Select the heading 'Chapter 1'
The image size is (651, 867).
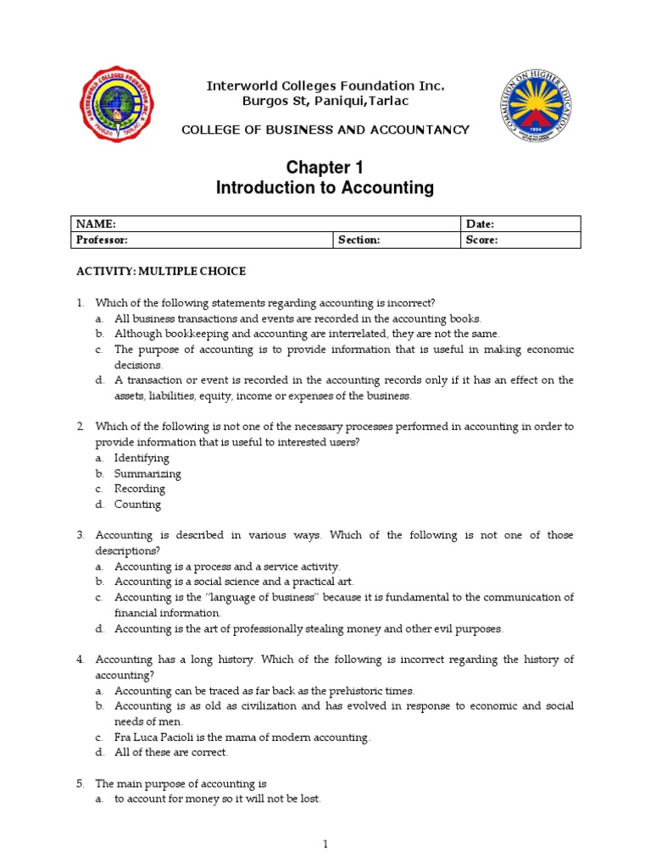tap(325, 168)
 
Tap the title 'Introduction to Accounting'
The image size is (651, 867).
tap(325, 188)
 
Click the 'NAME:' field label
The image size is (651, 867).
tap(96, 224)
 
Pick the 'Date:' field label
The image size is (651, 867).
tap(480, 224)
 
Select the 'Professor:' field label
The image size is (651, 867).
tap(102, 240)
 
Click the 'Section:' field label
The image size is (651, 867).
tap(359, 240)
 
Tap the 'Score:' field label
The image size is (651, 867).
tap(481, 240)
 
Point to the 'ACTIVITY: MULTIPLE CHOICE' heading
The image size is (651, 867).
tap(161, 271)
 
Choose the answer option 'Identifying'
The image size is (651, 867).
tap(142, 458)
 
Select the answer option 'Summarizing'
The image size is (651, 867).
tap(147, 473)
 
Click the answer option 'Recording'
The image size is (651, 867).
tap(140, 489)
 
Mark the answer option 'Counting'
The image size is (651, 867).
tap(137, 505)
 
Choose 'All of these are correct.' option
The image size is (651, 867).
tap(171, 752)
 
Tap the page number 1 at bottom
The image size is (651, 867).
tap(325, 843)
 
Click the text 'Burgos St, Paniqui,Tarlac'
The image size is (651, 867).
tap(325, 102)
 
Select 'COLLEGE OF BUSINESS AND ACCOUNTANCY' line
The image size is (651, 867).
tap(325, 130)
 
